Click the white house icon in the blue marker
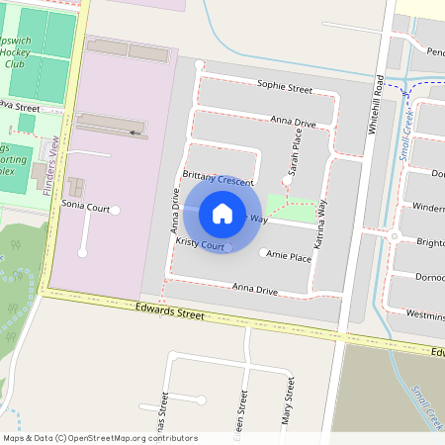click(x=222, y=213)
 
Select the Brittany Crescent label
click(x=219, y=183)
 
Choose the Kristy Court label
click(x=202, y=243)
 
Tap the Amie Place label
click(x=289, y=257)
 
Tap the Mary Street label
click(x=289, y=405)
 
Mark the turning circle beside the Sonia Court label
click(x=116, y=209)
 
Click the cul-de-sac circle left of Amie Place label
click(x=262, y=253)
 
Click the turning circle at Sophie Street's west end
click(x=200, y=65)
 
